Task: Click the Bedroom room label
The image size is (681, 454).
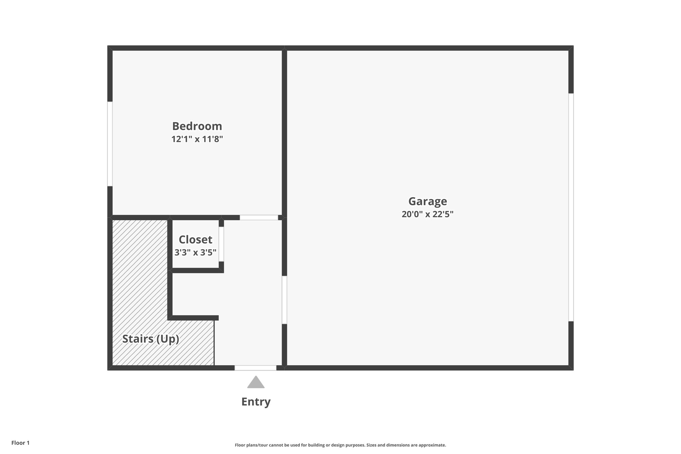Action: pos(197,126)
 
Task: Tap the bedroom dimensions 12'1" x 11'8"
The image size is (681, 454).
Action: pos(197,139)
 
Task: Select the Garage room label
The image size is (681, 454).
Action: pos(427,202)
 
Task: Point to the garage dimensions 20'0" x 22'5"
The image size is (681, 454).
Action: pos(427,214)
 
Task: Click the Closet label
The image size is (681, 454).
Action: pos(195,240)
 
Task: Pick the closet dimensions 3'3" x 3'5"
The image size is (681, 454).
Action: pos(195,252)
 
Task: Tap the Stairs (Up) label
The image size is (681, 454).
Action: pos(151,339)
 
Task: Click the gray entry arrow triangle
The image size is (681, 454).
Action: pos(256,383)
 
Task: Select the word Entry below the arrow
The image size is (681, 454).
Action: pos(256,402)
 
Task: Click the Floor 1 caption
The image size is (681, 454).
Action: pos(20,443)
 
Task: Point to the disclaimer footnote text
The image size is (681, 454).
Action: pos(340,445)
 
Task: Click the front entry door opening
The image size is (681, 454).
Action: pos(255,368)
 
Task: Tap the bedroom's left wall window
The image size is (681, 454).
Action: pos(110,144)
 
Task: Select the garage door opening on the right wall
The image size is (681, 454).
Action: pos(571,207)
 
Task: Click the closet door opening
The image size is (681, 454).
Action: pos(221,244)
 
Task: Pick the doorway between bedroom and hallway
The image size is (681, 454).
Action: pos(259,218)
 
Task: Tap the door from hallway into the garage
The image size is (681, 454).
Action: pos(284,300)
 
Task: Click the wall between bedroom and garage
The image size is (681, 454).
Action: pos(284,133)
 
